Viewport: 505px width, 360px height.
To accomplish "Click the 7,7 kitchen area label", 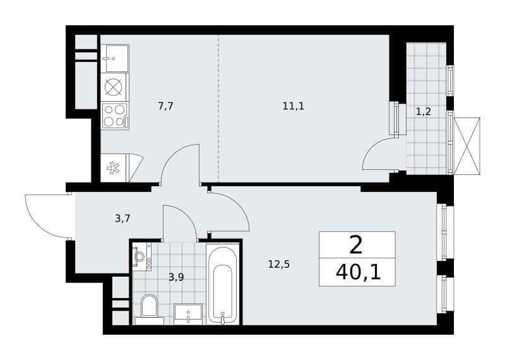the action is coord(166,106).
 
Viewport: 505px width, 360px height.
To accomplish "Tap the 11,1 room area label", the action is coord(294,106).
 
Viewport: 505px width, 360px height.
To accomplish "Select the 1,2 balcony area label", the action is coord(423,112).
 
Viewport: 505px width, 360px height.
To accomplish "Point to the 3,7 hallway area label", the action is coord(122,219).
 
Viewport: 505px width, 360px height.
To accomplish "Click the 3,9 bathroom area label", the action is coord(176,277).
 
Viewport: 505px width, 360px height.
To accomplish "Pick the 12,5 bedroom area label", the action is coord(279,264).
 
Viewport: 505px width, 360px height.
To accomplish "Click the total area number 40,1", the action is coord(358,273).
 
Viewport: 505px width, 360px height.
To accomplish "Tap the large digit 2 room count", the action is coord(356,245).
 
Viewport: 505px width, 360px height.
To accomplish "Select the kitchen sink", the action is coord(115,58).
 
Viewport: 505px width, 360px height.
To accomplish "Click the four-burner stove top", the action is coord(115,116).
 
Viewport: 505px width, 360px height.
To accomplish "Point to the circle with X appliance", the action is coord(115,87).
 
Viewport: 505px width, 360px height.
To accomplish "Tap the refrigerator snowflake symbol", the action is coord(113,168).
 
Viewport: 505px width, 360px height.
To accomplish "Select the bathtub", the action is coord(223,284).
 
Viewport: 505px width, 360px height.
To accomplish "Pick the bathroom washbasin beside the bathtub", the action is coord(188,314).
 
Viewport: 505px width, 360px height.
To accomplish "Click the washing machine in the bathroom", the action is coord(141,256).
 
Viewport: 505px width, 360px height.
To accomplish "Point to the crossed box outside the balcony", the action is coord(466,146).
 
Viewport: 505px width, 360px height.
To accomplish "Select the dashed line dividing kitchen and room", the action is coord(218,108).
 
